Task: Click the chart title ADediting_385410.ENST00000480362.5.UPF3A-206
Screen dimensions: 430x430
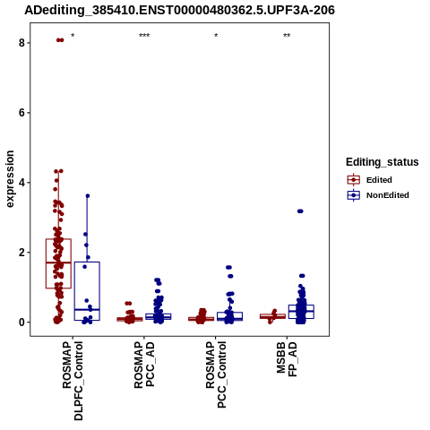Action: (179, 11)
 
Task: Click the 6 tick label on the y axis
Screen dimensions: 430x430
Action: (21, 113)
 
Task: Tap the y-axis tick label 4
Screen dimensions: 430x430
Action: (21, 183)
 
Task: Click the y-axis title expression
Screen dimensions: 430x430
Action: (10, 179)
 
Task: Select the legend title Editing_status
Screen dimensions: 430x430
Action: (383, 162)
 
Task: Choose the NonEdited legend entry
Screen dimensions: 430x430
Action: (378, 195)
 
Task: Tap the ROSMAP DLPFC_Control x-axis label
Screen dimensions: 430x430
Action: (73, 381)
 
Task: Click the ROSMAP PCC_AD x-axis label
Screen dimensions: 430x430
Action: (144, 365)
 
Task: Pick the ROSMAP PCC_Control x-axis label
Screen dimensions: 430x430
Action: (216, 374)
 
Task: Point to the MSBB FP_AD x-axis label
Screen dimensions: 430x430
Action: (287, 359)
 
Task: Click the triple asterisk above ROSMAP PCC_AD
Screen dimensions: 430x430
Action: (144, 36)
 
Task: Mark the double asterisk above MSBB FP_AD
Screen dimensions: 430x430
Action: (287, 36)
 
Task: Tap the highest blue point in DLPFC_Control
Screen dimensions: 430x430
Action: (88, 196)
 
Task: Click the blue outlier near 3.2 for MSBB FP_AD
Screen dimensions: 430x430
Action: (300, 211)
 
